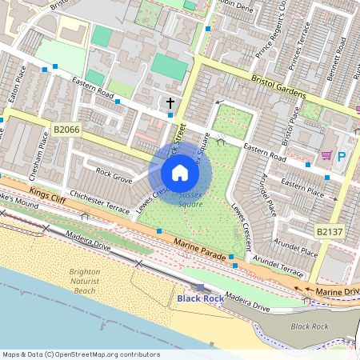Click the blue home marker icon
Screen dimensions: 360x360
coord(180,173)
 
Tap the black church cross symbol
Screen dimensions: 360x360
coord(170,103)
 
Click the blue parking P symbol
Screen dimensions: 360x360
coord(342,157)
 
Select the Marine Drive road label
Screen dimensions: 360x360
coord(334,292)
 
